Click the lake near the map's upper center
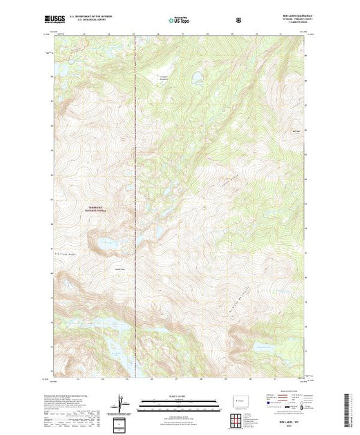tap(196, 77)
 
